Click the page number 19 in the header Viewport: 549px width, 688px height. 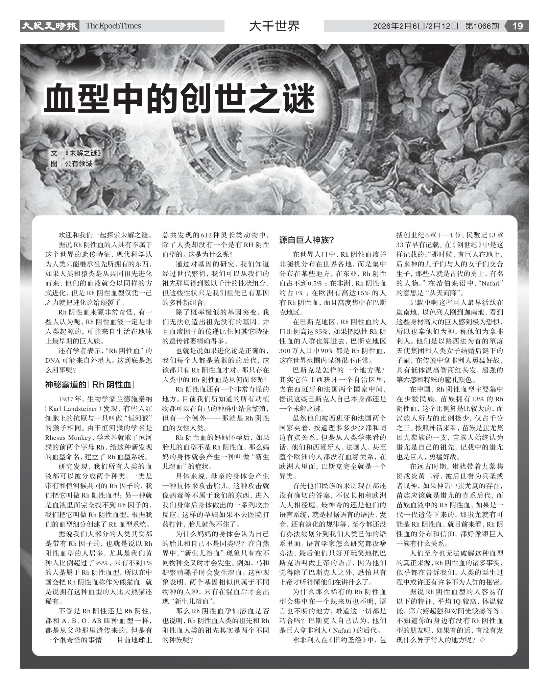(x=518, y=26)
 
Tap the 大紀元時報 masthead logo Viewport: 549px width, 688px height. (x=49, y=26)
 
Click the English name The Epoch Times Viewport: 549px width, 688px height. (x=113, y=26)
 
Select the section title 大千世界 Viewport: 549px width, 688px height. (x=274, y=26)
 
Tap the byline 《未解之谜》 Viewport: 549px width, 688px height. (x=82, y=153)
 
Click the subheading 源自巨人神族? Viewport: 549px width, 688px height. (x=307, y=240)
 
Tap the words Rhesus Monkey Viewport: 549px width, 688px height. (x=68, y=438)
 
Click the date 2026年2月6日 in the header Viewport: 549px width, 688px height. (x=399, y=26)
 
